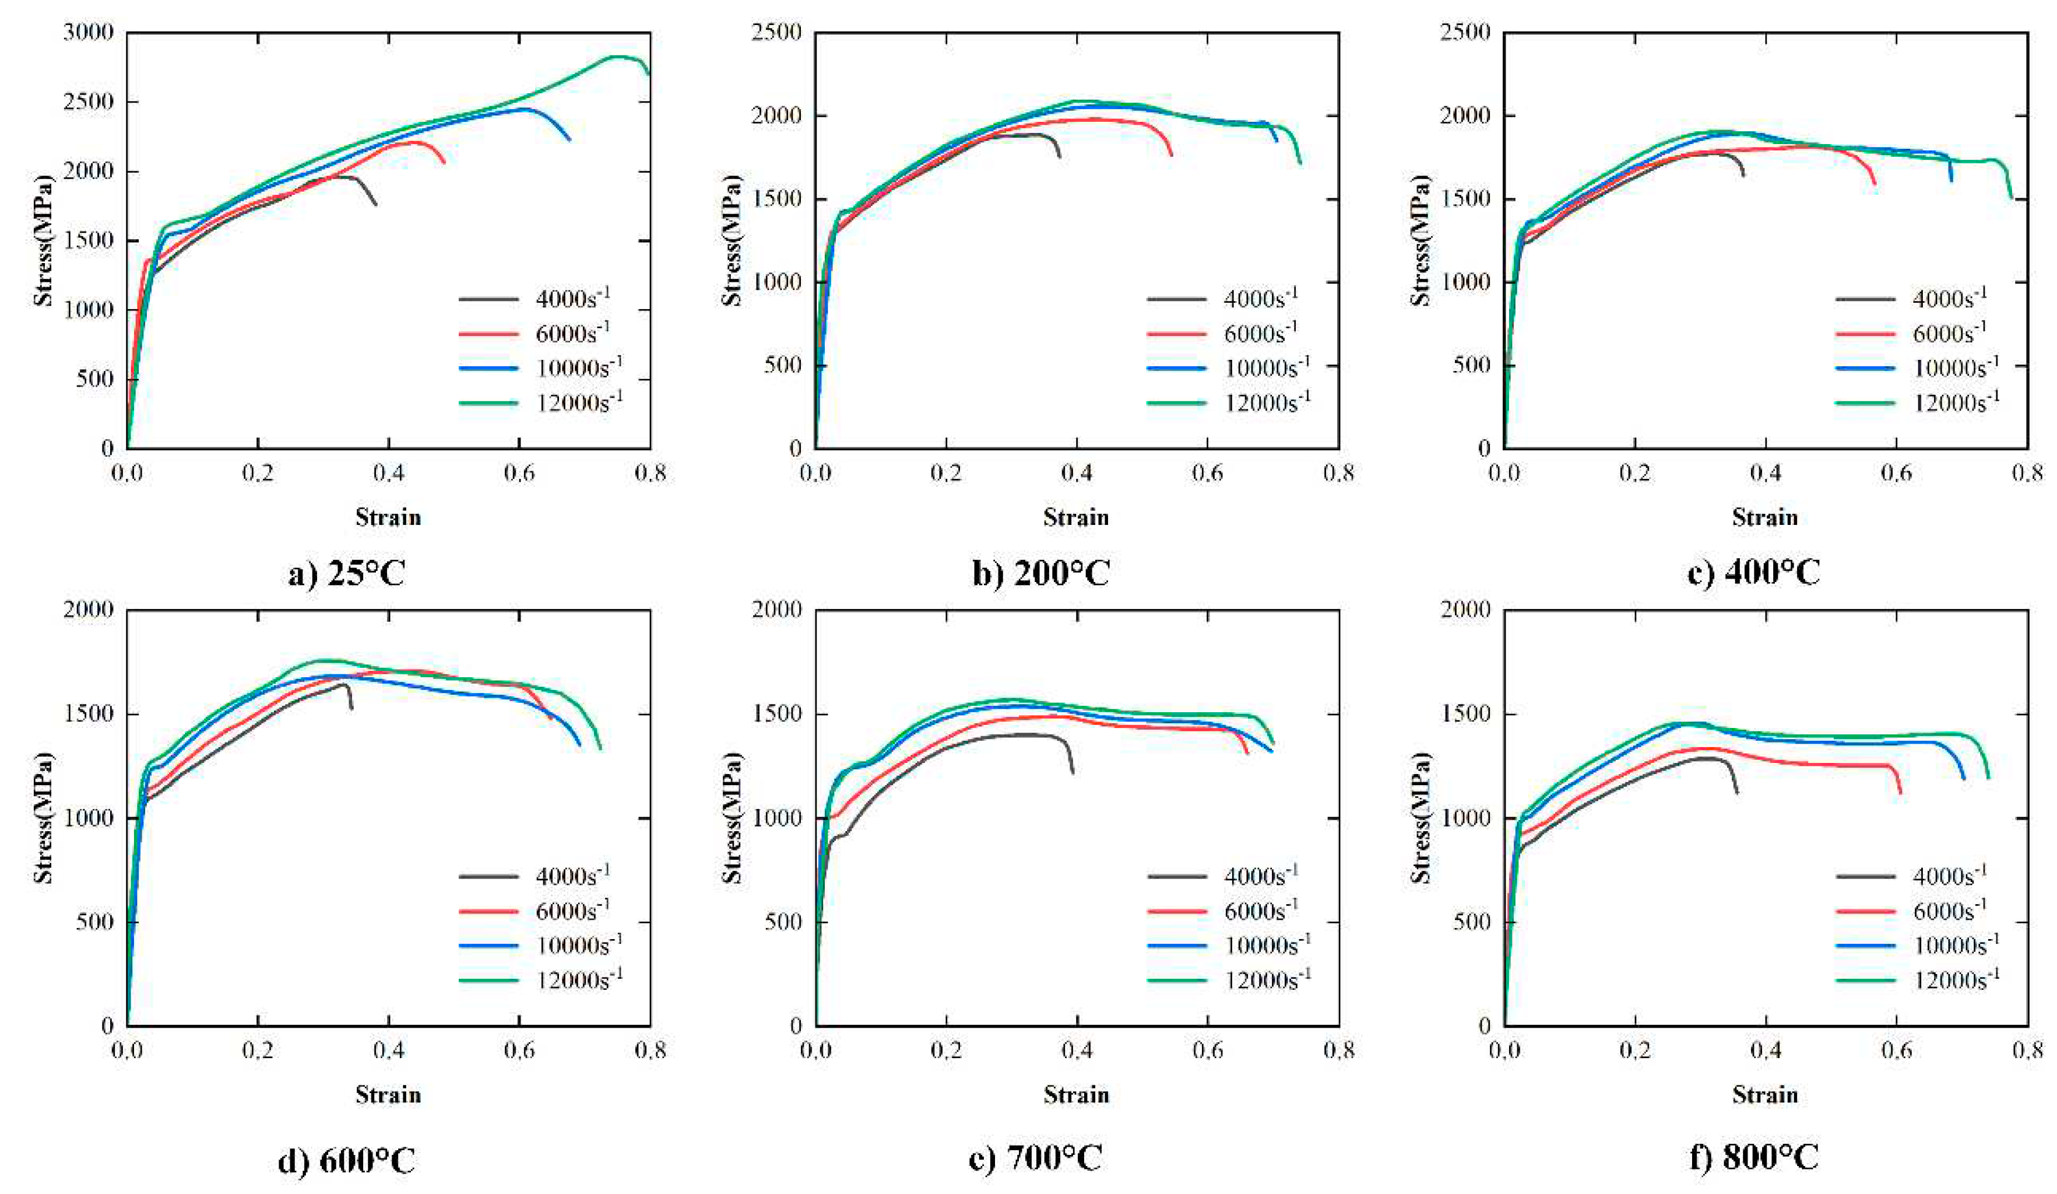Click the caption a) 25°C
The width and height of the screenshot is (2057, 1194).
[x=346, y=573]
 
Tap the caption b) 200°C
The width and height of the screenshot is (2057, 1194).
[x=1041, y=573]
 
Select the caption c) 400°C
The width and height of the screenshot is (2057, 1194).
[x=1753, y=573]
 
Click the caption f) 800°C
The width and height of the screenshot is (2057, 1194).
[x=1753, y=1157]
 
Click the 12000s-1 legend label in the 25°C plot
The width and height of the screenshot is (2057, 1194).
[x=578, y=402]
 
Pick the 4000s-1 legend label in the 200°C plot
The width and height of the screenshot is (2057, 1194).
[x=1260, y=298]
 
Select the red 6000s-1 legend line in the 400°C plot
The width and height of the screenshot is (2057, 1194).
[x=1865, y=333]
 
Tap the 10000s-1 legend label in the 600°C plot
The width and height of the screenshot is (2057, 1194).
[x=578, y=945]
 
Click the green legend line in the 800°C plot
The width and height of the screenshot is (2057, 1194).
[x=1865, y=979]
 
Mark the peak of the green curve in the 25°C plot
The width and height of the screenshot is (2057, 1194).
[x=618, y=57]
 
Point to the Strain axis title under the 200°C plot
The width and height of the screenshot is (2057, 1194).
[x=1076, y=517]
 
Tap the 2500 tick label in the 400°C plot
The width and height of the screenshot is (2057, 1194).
[x=1466, y=33]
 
